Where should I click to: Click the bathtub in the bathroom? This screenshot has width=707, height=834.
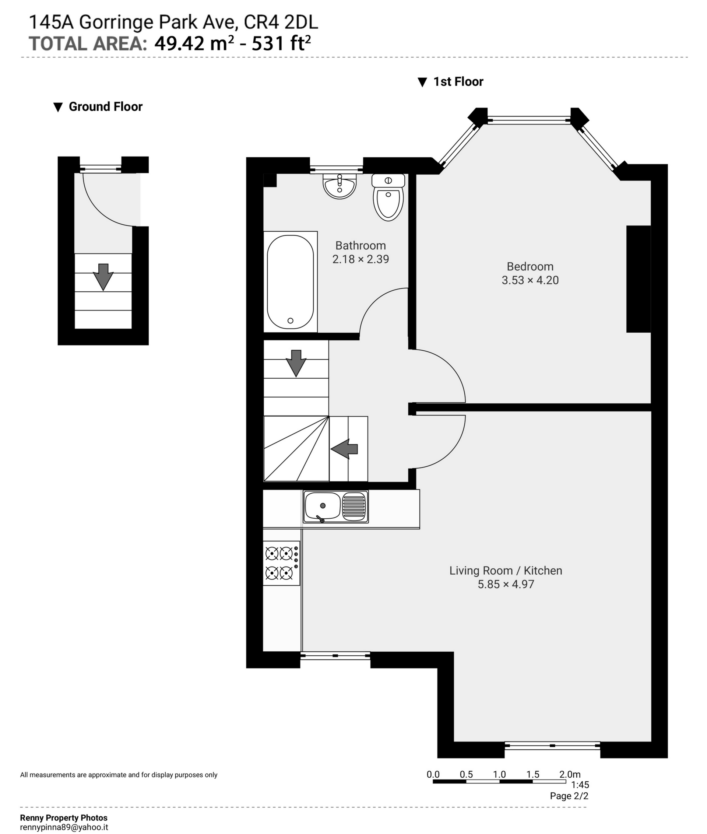(x=290, y=282)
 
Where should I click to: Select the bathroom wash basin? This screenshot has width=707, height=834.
(x=340, y=186)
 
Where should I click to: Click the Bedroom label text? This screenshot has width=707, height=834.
(x=530, y=266)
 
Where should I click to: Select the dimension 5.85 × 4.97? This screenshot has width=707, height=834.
(x=506, y=584)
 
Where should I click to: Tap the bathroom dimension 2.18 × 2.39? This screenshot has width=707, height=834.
(x=360, y=259)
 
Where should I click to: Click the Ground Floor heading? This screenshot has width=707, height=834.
(x=105, y=107)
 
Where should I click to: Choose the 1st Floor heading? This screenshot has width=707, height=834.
(x=458, y=82)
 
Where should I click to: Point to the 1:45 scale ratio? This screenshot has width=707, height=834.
(x=580, y=785)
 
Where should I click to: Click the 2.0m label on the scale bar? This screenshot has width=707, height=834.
(x=570, y=774)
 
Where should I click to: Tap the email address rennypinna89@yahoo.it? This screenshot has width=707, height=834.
(x=64, y=827)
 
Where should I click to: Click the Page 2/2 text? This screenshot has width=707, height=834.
(x=569, y=796)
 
